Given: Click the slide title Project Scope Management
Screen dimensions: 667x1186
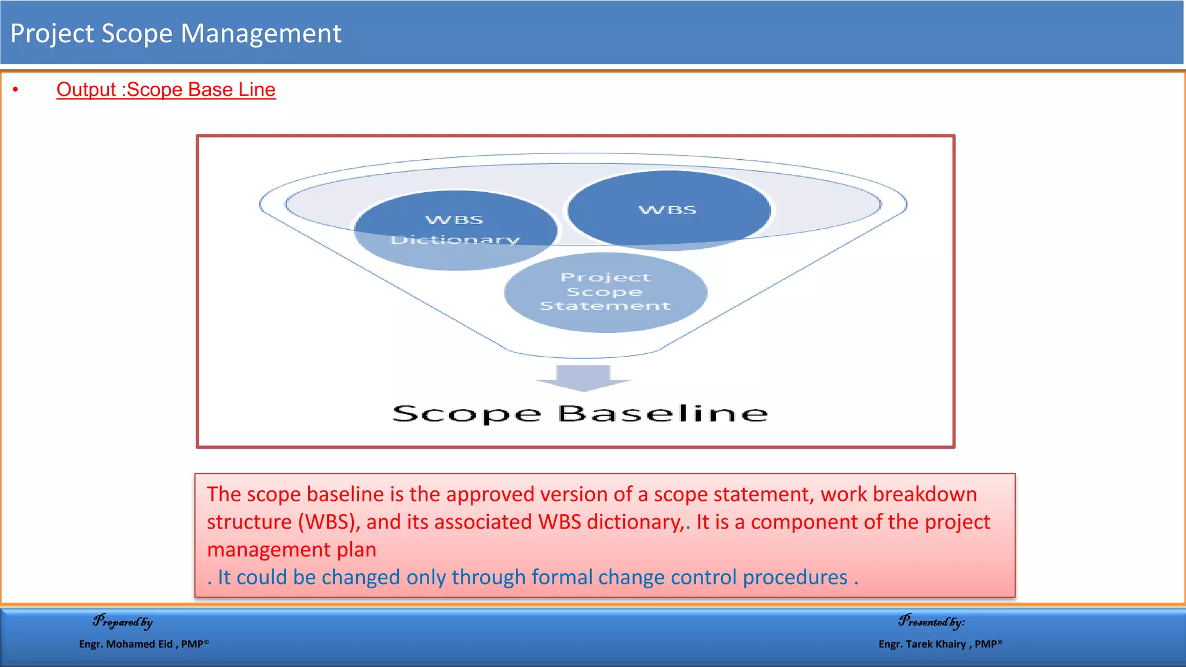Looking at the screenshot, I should (175, 34).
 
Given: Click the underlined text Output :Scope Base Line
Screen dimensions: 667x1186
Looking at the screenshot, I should (166, 90).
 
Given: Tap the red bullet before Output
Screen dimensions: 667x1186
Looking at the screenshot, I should (16, 90).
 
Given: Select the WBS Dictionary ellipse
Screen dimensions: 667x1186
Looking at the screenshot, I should (455, 230).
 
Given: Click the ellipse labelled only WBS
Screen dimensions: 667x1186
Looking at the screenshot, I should (668, 210).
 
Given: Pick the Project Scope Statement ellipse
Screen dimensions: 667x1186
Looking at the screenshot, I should (605, 292).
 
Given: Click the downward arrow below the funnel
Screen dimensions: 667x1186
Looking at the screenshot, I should (583, 378).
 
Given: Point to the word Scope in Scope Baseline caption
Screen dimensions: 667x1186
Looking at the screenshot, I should (466, 414).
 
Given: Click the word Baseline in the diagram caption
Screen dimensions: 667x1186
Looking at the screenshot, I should (662, 413).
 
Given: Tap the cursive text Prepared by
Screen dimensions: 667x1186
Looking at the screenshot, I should (122, 622).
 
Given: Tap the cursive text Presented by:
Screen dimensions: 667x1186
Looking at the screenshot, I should (931, 622).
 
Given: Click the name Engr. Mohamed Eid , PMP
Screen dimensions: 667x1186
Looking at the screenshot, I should (144, 644).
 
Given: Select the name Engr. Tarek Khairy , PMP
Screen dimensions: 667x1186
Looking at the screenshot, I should (940, 644).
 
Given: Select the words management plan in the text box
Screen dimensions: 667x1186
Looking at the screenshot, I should (291, 549).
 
